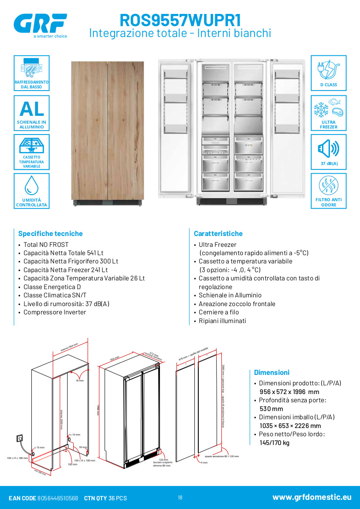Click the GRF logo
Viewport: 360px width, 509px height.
tap(40, 23)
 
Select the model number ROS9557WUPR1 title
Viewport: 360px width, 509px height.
tap(180, 20)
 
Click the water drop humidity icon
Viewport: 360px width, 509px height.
tap(31, 185)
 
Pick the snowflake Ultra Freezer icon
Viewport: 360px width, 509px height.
tap(329, 109)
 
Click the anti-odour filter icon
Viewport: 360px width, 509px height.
tap(329, 186)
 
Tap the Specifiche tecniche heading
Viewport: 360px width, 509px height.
tap(50, 234)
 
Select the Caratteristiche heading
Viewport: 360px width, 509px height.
tap(218, 234)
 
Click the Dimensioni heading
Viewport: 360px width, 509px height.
tap(272, 373)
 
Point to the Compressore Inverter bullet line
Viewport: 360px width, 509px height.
tap(54, 312)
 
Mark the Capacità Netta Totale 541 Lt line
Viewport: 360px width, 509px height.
tap(63, 253)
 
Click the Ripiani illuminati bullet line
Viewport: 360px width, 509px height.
tap(222, 321)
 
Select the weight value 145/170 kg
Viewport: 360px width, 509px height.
tap(274, 443)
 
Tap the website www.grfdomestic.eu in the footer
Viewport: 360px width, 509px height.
tap(312, 497)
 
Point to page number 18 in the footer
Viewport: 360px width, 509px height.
tap(180, 498)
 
